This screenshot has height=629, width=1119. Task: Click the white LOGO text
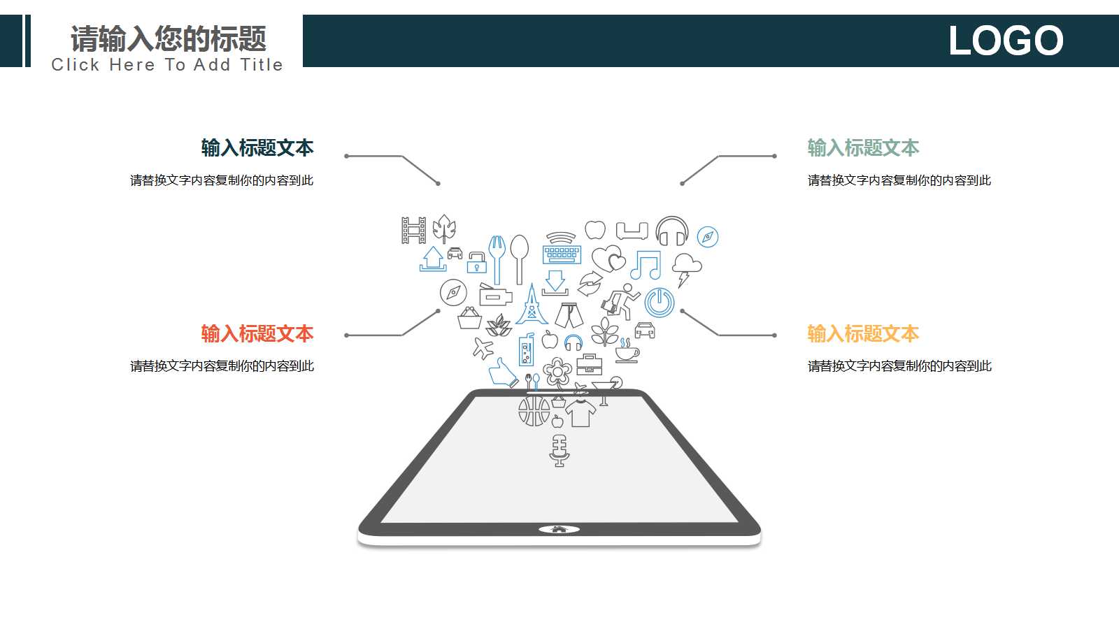pyautogui.click(x=1006, y=41)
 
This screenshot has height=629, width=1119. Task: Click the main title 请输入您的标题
pyautogui.click(x=169, y=39)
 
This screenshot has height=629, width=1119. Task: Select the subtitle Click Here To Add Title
pyautogui.click(x=167, y=65)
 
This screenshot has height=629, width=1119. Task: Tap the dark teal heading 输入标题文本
pyautogui.click(x=257, y=148)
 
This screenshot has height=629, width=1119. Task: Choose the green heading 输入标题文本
pyautogui.click(x=863, y=148)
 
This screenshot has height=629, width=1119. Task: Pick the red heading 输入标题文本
pyautogui.click(x=257, y=334)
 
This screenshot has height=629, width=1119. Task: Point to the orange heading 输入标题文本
pyautogui.click(x=863, y=334)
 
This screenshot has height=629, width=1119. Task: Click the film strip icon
pyautogui.click(x=414, y=230)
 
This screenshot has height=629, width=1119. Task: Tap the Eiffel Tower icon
pyautogui.click(x=532, y=304)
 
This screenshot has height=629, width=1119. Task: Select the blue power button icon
pyautogui.click(x=660, y=303)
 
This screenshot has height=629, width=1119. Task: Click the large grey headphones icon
pyautogui.click(x=672, y=231)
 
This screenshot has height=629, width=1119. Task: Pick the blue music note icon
pyautogui.click(x=646, y=265)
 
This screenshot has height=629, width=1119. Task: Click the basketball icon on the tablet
pyautogui.click(x=534, y=412)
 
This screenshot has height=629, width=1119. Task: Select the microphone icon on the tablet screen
pyautogui.click(x=559, y=451)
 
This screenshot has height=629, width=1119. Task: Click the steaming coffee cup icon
pyautogui.click(x=627, y=350)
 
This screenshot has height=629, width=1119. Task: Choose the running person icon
pyautogui.click(x=621, y=301)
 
